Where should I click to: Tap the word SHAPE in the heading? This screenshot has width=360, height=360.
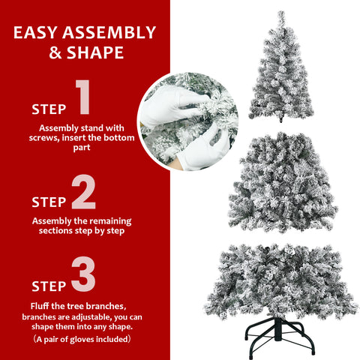tap(97, 53)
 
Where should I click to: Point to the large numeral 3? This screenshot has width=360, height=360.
tap(83, 275)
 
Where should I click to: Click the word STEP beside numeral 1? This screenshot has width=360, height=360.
tap(49, 109)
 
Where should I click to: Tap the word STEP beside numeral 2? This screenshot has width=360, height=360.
tap(49, 202)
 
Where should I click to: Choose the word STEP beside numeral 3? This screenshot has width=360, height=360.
tap(49, 286)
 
